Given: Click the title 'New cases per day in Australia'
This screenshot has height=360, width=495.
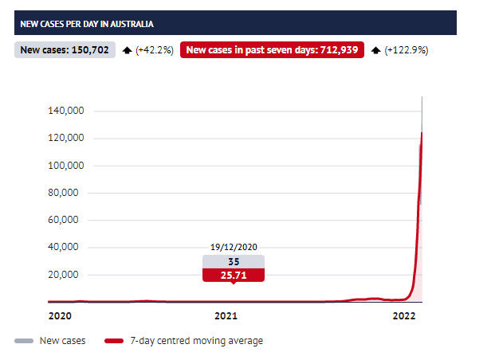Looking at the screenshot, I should [x=87, y=24].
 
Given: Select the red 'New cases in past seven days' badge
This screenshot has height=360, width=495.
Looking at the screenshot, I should [x=272, y=50].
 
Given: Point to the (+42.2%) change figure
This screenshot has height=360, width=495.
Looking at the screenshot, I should [x=154, y=50].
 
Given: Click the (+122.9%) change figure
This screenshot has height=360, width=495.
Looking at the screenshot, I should [x=405, y=50].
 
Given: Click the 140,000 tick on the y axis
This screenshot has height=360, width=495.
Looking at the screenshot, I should [x=66, y=111].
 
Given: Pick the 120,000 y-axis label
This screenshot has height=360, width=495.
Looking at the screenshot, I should [x=66, y=139].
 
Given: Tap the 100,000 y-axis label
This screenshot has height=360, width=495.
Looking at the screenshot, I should [x=66, y=166].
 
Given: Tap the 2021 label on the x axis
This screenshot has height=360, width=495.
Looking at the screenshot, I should [x=226, y=316].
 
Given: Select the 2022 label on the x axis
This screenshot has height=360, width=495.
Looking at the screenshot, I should [x=404, y=316].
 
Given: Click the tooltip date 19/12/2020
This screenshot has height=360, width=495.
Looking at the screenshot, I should [x=233, y=248].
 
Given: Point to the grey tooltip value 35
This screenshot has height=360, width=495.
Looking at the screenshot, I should [x=233, y=261].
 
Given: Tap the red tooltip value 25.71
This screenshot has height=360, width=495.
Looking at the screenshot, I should [x=233, y=276].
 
